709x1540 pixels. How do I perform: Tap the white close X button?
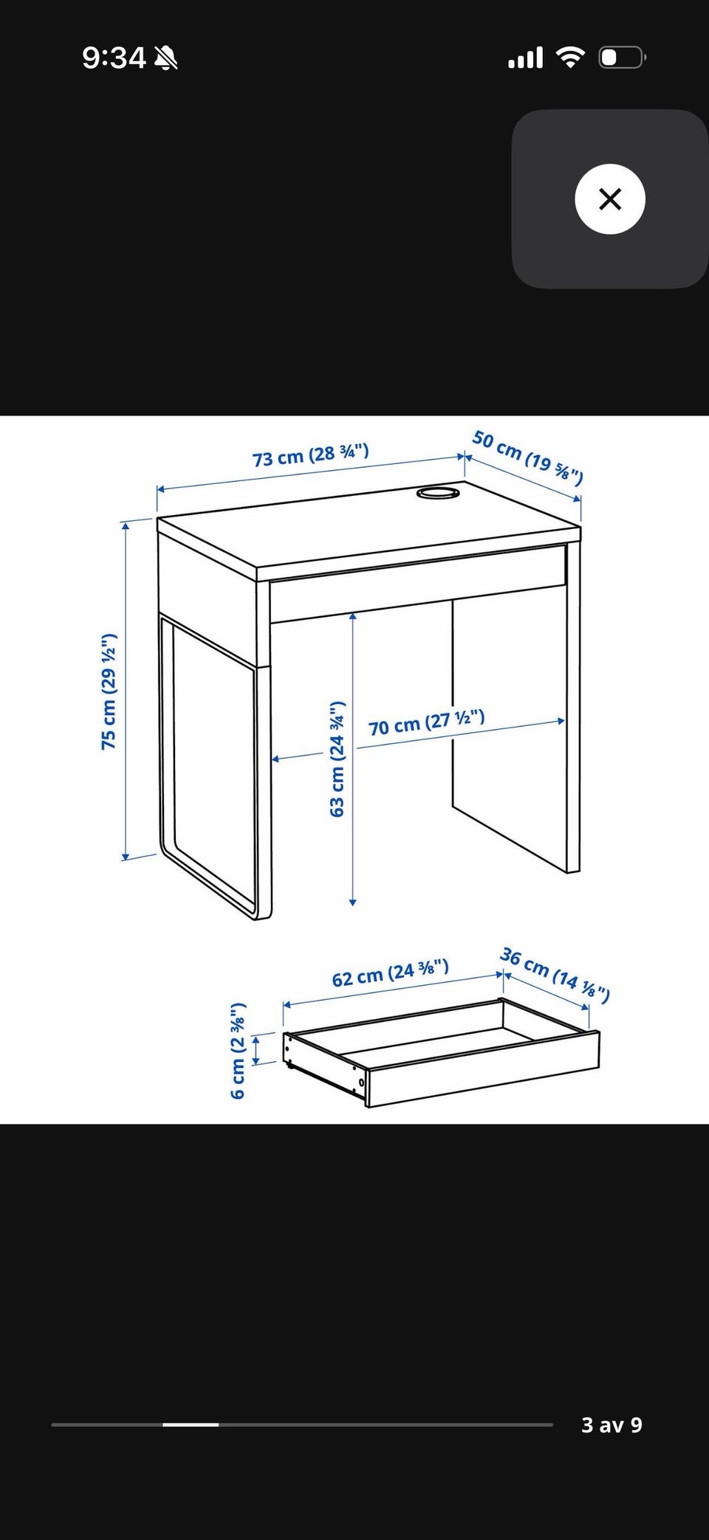pyautogui.click(x=610, y=199)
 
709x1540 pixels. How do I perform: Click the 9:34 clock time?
pyautogui.click(x=114, y=58)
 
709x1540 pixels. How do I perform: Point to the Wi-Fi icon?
pyautogui.click(x=569, y=58)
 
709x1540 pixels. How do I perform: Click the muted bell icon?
pyautogui.click(x=165, y=58)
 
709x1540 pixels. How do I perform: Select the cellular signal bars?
pyautogui.click(x=525, y=58)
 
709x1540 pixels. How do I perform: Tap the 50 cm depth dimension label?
pyautogui.click(x=527, y=457)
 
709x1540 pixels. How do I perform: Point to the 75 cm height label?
pyautogui.click(x=109, y=691)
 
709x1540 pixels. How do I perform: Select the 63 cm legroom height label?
pyautogui.click(x=337, y=759)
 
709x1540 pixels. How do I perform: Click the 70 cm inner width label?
pyautogui.click(x=426, y=722)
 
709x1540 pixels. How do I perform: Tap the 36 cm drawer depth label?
pyautogui.click(x=555, y=975)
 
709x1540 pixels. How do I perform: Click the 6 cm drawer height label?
pyautogui.click(x=237, y=1051)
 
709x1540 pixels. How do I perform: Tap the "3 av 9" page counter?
pyautogui.click(x=612, y=1424)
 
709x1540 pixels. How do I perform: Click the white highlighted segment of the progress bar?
pyautogui.click(x=191, y=1424)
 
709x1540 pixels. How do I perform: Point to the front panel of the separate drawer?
pyautogui.click(x=483, y=1068)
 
